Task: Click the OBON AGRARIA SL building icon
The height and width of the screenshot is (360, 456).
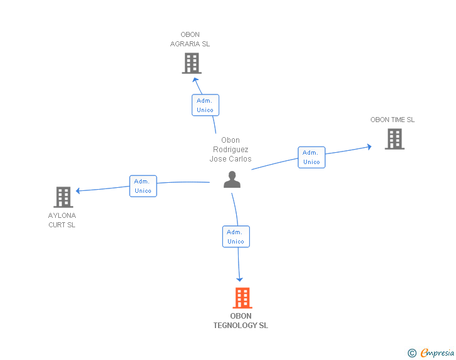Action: point(192,63)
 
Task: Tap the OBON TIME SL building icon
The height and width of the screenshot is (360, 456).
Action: point(394,139)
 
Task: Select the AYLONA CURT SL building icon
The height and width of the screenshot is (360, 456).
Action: point(63,197)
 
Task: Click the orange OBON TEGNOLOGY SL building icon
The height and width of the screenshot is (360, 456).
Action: point(242,298)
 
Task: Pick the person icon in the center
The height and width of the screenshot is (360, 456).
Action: point(232,180)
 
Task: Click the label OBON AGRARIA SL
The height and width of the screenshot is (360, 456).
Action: point(190,39)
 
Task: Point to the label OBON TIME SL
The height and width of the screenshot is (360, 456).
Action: point(392,120)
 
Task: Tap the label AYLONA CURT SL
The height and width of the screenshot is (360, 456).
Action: point(62,220)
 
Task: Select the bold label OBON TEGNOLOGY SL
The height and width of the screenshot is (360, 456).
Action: point(241,321)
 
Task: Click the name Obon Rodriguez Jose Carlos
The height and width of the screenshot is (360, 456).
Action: point(231,150)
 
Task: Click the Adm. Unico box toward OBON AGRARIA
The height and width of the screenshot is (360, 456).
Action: point(205,105)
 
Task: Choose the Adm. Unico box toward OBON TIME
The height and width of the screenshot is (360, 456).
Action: point(311,157)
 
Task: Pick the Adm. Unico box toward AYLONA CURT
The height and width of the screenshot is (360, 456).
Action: point(143,186)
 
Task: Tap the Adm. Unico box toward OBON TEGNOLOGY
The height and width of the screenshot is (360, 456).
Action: point(236,237)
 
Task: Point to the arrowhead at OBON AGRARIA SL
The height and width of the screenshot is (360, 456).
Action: point(196,80)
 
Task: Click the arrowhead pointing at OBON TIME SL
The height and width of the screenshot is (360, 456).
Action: point(369,147)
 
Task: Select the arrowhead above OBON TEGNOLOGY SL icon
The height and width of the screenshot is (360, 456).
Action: point(239,279)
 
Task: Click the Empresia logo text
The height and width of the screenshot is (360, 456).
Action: point(437,352)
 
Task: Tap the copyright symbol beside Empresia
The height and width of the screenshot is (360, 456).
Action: point(412,353)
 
